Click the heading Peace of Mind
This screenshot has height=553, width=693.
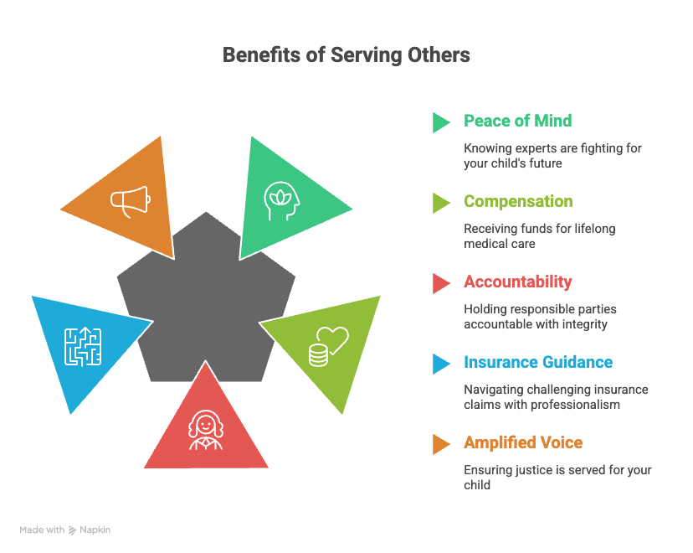click(517, 121)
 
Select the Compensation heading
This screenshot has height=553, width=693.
click(518, 201)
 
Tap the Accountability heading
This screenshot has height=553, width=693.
click(518, 282)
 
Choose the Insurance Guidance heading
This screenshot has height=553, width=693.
click(538, 362)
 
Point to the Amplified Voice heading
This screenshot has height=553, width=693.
click(523, 442)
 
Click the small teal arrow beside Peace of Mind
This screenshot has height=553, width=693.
click(440, 122)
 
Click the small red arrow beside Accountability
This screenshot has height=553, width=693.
click(440, 283)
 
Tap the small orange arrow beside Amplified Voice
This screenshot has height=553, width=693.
click(440, 444)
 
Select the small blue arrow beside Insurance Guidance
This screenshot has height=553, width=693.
click(440, 364)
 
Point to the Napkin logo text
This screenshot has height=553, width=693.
click(95, 530)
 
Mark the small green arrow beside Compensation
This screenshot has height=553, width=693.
click(440, 203)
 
